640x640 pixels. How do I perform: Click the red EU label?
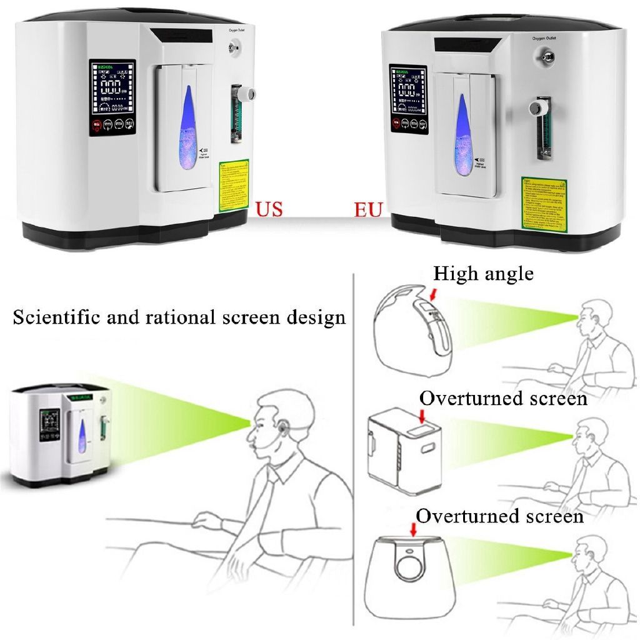(x=368, y=209)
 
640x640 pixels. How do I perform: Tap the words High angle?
(x=483, y=273)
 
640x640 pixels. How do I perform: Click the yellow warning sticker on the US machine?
(x=234, y=186)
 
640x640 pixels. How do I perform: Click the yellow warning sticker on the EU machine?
(x=544, y=201)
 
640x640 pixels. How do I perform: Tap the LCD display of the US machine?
(x=112, y=87)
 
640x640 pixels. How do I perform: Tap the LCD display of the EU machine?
(x=407, y=89)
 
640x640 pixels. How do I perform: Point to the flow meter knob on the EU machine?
(x=536, y=109)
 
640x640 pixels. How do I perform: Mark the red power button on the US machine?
(x=97, y=125)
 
